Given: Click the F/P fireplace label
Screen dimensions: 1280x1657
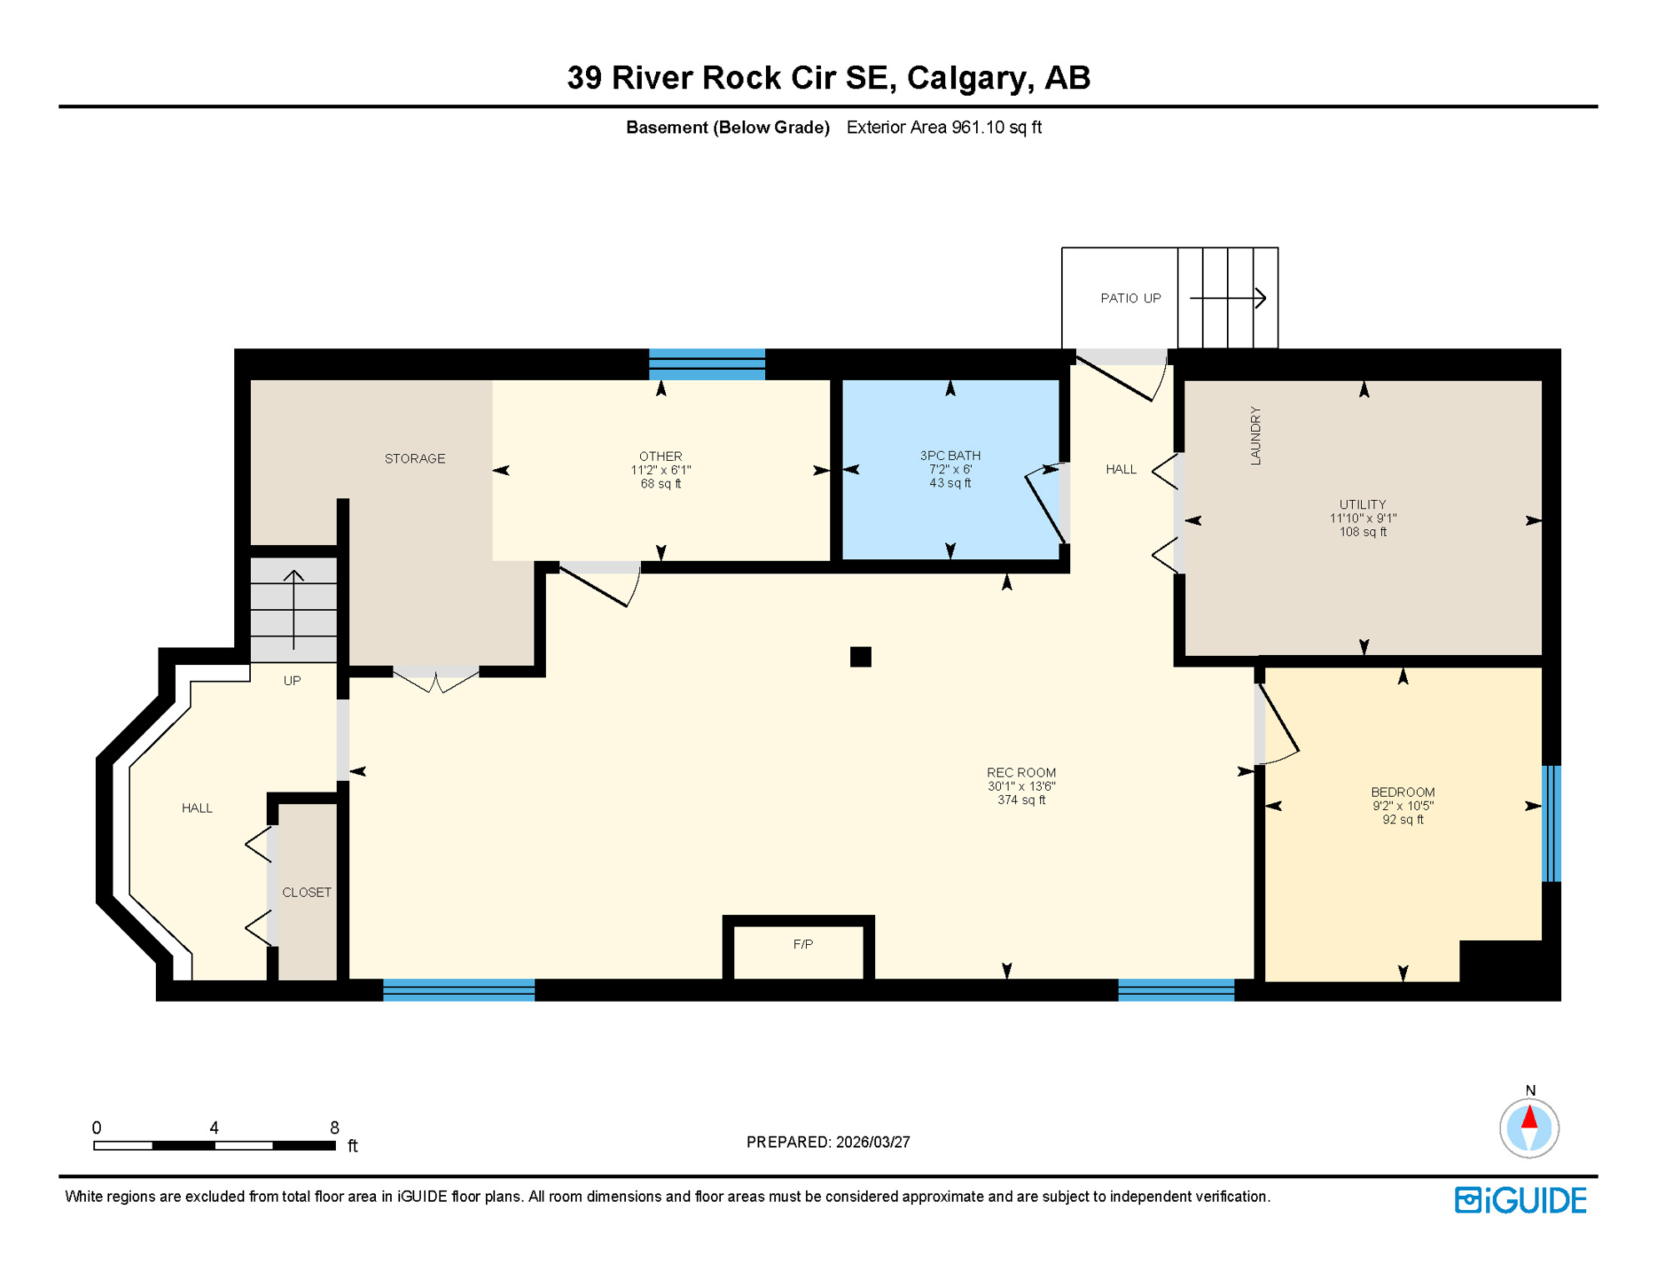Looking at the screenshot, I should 803,944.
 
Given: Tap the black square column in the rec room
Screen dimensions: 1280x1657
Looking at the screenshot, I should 860,657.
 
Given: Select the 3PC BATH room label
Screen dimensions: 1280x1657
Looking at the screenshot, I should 949,455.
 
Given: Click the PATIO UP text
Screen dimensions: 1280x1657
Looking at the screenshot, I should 1129,298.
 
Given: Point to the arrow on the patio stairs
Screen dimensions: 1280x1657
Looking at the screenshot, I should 1229,297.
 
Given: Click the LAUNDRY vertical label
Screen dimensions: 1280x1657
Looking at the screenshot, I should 1255,435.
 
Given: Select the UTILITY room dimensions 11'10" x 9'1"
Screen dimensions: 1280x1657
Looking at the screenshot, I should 1362,518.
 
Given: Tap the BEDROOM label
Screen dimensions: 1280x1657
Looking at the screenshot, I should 1402,792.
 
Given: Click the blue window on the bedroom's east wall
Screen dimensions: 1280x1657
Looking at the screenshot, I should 1550,822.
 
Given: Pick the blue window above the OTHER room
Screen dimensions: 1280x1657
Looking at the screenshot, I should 707,364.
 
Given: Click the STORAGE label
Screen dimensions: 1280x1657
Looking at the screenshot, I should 414,458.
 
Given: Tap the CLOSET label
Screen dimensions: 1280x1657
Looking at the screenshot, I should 307,892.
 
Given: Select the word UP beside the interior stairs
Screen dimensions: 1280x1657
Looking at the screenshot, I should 292,680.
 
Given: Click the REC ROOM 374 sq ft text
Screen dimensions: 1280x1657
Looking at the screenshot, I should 1020,800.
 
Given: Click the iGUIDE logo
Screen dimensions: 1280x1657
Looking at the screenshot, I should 1520,1200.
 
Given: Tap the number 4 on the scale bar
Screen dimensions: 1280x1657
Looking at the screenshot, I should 214,1127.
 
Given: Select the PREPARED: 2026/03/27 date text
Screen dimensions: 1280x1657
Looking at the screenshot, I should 828,1142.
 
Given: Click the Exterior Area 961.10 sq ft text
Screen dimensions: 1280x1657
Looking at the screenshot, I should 944,127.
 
